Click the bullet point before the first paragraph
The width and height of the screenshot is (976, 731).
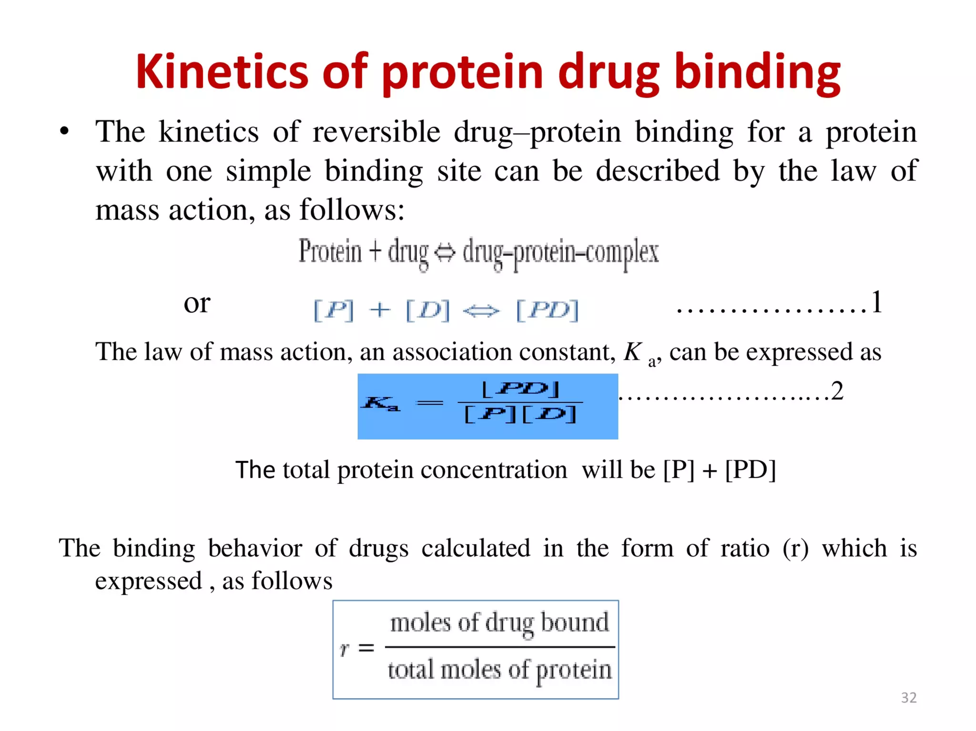coord(64,131)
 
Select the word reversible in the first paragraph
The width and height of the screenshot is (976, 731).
coord(376,132)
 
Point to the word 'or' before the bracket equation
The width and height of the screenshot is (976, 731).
coord(197,303)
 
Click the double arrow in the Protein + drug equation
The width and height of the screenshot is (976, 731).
coord(446,252)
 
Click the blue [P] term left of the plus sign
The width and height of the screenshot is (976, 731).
coord(334,310)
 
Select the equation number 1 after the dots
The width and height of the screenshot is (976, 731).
coord(877,302)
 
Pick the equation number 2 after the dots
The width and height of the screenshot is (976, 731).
coord(837,391)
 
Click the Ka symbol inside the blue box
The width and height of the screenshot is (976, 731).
coord(380,403)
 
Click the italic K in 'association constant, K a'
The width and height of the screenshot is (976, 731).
coord(633,352)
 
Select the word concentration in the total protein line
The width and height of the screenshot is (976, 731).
coord(494,470)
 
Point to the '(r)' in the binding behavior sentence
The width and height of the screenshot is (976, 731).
coord(795,548)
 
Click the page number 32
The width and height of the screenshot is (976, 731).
coord(909,698)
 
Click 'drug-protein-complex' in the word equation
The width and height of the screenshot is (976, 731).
coord(560,252)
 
